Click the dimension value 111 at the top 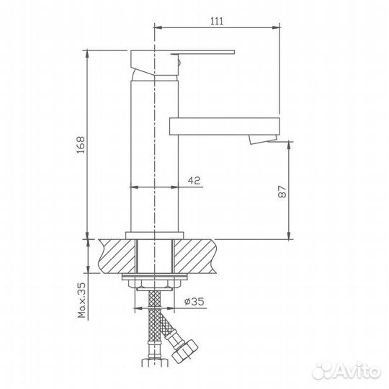coord(217,21)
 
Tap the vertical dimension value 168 coord(81,145)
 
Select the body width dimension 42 coord(194,180)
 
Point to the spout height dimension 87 coord(282,192)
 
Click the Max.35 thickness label coord(81,300)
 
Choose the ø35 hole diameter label coord(194,301)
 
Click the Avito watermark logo coord(346,371)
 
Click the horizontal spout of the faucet coord(225,127)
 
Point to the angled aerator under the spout coord(263,139)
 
